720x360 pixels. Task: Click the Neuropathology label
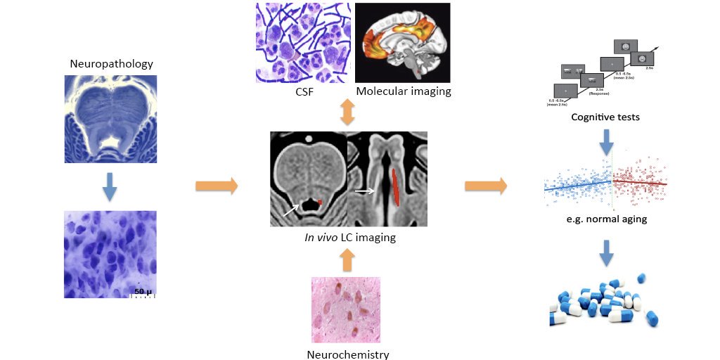[x=111, y=64]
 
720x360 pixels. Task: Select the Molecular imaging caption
[x=403, y=91]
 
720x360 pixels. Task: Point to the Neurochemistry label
[x=348, y=354]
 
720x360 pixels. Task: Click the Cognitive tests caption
[x=605, y=117]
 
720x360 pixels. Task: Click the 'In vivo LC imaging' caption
[x=347, y=237]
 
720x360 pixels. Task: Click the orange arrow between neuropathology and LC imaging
[x=216, y=186]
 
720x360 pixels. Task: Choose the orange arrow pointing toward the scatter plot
[x=486, y=186]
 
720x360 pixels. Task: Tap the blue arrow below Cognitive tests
[x=605, y=144]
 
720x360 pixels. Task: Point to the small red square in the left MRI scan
[x=320, y=202]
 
